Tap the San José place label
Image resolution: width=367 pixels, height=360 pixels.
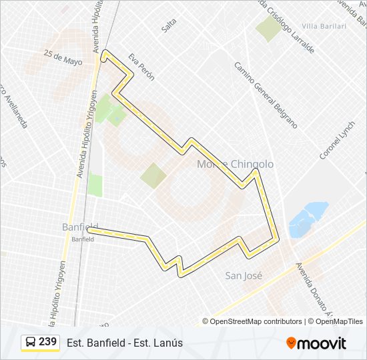click(244, 275)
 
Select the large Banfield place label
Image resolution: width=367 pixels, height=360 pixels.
click(80, 227)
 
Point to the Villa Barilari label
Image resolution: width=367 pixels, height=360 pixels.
click(324, 26)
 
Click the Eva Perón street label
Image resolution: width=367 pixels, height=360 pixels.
click(141, 67)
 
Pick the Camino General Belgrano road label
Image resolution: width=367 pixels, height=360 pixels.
click(265, 95)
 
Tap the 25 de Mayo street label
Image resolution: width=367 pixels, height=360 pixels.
click(63, 57)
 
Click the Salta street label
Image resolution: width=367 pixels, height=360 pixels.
click(168, 25)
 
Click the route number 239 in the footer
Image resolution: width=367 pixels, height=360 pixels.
click(47, 342)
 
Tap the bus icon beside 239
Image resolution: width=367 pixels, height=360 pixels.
click(31, 343)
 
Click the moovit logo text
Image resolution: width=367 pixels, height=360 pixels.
click(322, 343)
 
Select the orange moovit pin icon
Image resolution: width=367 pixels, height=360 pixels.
click(291, 343)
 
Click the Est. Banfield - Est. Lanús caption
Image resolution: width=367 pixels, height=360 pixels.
click(125, 343)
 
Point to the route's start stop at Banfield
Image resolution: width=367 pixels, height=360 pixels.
click(90, 230)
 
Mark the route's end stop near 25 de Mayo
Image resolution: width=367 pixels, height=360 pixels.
click(104, 59)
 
